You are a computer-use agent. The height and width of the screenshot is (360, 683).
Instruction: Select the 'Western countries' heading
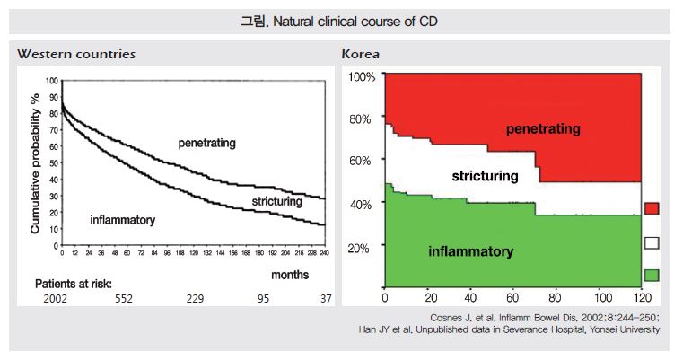point(76,54)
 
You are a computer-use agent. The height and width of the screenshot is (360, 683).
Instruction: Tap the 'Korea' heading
point(361,54)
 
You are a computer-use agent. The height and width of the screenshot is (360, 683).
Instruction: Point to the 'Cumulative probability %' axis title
point(35,163)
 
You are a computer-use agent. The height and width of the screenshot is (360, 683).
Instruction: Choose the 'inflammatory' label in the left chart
point(124,219)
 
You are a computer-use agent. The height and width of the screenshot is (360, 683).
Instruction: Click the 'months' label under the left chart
point(290,274)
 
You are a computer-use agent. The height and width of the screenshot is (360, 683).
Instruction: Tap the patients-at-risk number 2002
point(56,299)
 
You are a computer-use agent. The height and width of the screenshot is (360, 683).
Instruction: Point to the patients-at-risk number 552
point(124,299)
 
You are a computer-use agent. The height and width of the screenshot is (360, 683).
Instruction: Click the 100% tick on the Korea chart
point(361,77)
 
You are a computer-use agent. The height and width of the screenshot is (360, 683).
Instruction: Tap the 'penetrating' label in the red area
point(542,129)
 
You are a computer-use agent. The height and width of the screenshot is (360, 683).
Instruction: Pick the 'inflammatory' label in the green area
point(470,251)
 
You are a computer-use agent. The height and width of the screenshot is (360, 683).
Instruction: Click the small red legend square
point(652,208)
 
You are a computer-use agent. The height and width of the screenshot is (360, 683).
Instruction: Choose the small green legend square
point(652,274)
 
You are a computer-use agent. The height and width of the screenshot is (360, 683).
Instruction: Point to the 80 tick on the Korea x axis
point(555,297)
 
